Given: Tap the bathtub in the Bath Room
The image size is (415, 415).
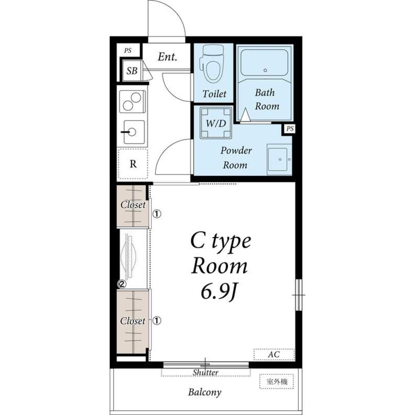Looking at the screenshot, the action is pos(265,63).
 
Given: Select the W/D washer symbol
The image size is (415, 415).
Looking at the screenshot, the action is pos(216,123).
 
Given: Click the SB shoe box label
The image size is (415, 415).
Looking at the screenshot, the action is pos(132,71).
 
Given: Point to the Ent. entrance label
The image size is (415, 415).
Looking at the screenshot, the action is pos(167,56).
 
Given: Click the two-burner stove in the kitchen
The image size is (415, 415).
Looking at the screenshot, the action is pos(132,102).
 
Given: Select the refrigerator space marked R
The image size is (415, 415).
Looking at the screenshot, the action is pos(133,164).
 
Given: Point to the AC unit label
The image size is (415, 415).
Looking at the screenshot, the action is pos(274,354).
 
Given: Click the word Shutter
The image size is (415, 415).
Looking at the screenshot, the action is pos(205,372).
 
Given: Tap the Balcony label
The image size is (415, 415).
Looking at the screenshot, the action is pos(204,392).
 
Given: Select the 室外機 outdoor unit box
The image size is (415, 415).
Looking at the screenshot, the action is pos(276,381).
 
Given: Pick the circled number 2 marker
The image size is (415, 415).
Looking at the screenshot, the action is pos(122,284).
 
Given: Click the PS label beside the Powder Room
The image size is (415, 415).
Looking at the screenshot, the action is pos(290,129).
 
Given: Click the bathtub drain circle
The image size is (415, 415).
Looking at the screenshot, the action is pos(265,71).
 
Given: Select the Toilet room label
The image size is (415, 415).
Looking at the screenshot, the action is pos(214,94).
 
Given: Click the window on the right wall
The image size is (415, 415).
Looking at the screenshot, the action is pos(299,295).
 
